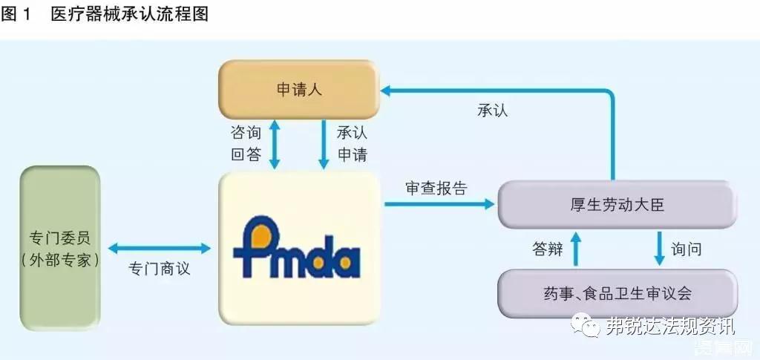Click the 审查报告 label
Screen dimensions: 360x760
point(436,188)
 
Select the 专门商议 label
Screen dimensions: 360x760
point(160,268)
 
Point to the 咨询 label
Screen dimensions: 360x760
point(246,133)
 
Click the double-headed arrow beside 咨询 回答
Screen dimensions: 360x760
point(276,144)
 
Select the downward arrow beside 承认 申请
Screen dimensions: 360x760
point(324,144)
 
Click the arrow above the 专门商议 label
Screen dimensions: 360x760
point(160,249)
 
